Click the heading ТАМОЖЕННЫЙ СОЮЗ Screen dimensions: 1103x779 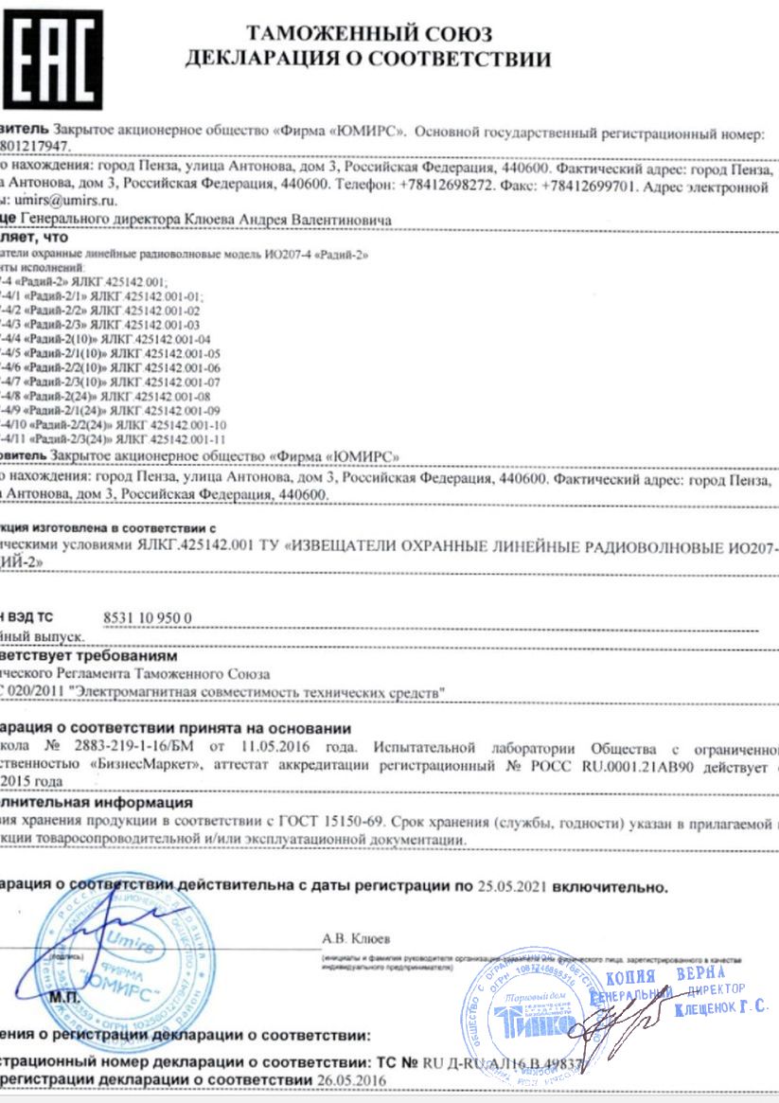368,35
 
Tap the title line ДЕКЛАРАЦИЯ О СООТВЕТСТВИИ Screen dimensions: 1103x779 368,62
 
